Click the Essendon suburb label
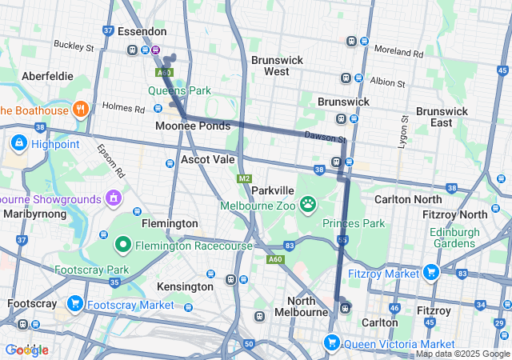pos(142,31)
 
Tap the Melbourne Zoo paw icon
pos(309,206)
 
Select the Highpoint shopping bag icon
pos(18,143)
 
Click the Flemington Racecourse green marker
pos(123,244)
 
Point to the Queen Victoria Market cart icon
pos(331,343)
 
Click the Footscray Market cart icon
pos(74,304)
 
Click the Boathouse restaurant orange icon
pos(80,110)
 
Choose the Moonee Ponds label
pos(192,126)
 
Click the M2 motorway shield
pos(244,178)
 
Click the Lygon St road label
pos(404,132)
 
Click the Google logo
pos(26,350)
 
